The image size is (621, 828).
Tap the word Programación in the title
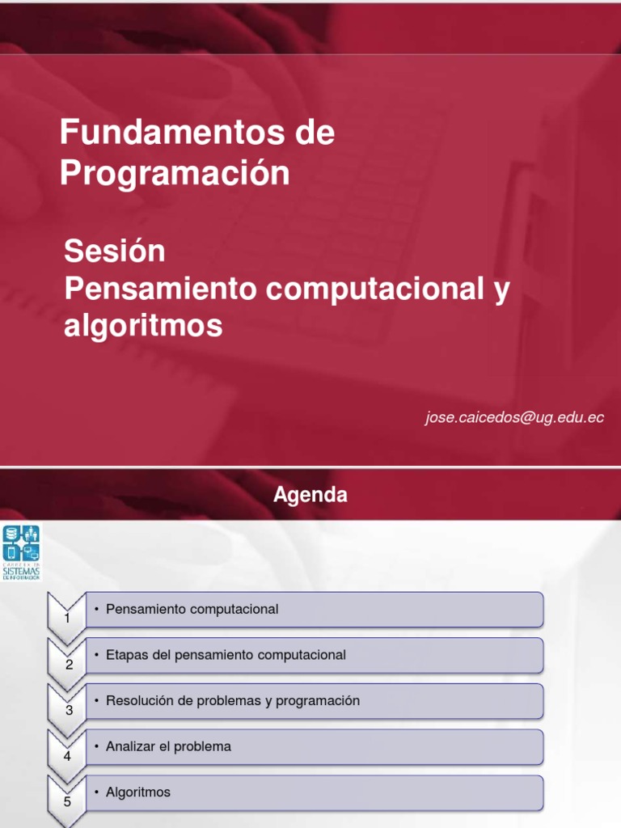[x=175, y=173]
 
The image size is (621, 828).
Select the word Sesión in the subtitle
[x=115, y=251]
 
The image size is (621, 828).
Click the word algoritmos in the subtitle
[x=142, y=326]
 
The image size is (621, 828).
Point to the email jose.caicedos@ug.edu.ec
[x=515, y=417]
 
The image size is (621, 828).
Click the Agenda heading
[x=310, y=495]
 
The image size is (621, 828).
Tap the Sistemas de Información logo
[x=21, y=552]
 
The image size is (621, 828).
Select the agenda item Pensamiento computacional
[x=192, y=609]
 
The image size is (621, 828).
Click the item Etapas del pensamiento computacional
[x=226, y=655]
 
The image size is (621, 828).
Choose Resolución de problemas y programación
[x=233, y=701]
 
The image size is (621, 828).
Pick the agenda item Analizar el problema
[x=168, y=746]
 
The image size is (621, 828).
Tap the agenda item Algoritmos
[x=138, y=792]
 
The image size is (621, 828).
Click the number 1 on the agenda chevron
[x=68, y=619]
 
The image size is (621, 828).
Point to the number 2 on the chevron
[x=69, y=665]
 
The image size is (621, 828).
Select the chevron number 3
[x=69, y=711]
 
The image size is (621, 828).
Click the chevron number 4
[x=68, y=757]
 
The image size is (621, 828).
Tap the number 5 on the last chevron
[x=68, y=802]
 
